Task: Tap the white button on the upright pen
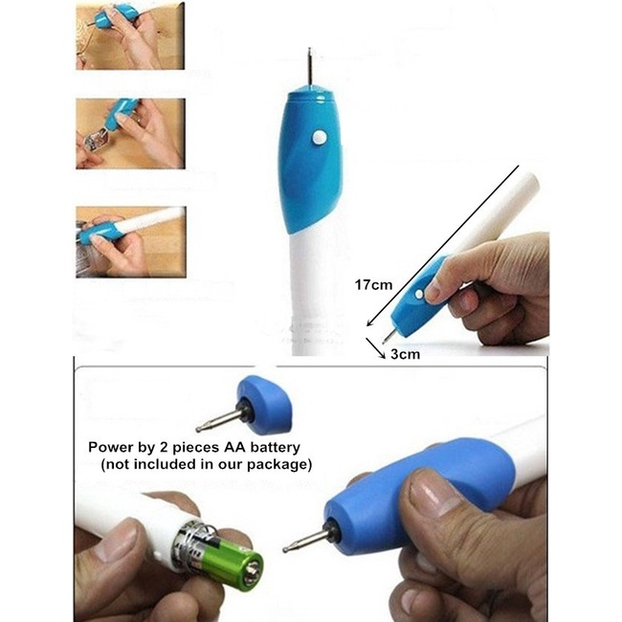[319, 138]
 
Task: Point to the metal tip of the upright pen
[308, 67]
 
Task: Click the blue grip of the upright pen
[307, 158]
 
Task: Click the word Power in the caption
[109, 447]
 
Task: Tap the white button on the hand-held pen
[421, 294]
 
